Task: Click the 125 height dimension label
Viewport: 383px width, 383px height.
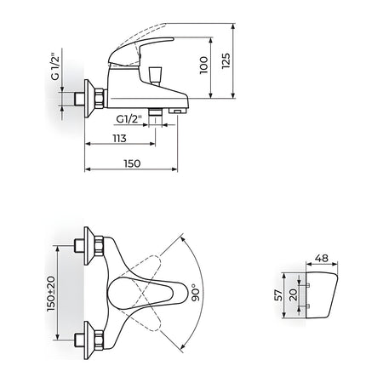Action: coord(226,60)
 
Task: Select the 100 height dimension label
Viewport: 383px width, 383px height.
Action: coord(203,66)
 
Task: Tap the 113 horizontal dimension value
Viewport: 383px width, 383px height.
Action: coord(119,138)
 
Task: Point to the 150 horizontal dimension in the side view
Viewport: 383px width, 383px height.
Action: coord(132,163)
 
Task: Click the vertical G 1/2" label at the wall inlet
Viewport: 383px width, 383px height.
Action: coord(55,66)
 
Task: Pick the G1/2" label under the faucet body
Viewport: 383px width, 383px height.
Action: coord(129,119)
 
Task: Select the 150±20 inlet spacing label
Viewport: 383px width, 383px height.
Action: coord(51,294)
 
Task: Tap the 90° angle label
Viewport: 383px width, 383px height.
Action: coord(196,292)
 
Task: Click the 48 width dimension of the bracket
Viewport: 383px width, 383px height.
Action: coord(322,258)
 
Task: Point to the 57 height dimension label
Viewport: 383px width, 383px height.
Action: coord(279,295)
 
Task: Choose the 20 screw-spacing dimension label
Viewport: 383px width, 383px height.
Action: coord(293,295)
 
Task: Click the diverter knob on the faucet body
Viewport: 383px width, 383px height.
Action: coord(156,75)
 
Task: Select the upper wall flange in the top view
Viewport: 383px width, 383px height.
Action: coord(90,246)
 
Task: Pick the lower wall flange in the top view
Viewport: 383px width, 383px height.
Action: coord(90,340)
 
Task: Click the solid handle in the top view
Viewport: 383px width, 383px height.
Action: coord(148,294)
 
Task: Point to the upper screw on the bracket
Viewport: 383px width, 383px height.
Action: coord(307,285)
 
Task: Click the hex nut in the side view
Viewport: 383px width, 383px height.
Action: coord(100,98)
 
